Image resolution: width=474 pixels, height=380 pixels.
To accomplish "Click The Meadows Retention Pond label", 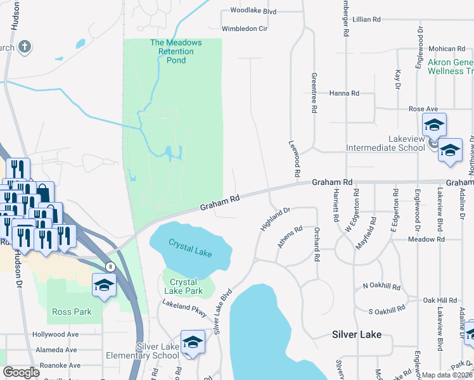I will point(176,51).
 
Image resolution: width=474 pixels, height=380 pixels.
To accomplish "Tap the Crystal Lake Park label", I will point(183,286).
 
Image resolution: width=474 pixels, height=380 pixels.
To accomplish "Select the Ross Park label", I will point(72,312).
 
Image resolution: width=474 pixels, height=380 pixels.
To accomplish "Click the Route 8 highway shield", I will point(110,267).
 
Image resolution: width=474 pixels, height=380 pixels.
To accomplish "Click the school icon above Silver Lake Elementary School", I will point(193,343).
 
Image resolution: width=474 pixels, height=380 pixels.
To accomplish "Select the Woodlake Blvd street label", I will point(253,11).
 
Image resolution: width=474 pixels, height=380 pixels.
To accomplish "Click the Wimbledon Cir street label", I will point(245,28).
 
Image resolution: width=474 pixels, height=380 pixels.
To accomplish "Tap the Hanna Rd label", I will point(344,93).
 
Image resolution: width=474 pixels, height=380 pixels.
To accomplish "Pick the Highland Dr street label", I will point(274,218).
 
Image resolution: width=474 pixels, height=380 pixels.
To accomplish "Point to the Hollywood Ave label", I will point(55,334).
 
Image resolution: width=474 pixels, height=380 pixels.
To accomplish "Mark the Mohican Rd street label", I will point(447,49).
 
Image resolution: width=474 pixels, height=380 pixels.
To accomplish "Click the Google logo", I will point(21,372).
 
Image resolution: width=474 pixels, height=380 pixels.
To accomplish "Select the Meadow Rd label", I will point(426,239).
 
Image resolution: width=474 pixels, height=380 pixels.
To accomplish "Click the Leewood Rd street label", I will point(295,158).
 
